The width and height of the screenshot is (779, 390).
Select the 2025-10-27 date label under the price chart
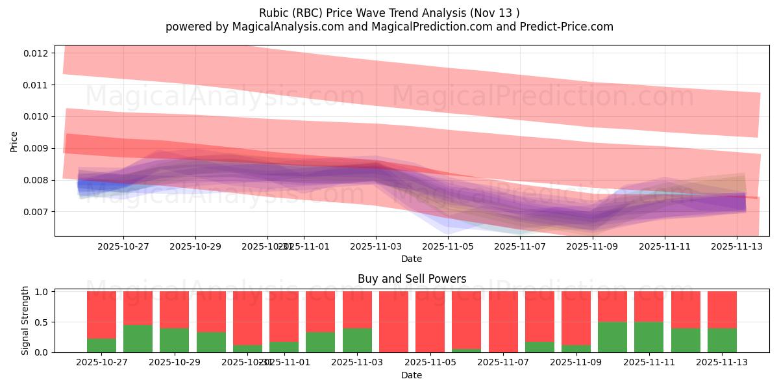[x=123, y=246]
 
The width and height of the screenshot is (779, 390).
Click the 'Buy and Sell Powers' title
[x=412, y=279]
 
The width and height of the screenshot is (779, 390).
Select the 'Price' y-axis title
[x=14, y=141]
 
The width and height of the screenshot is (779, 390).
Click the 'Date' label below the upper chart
[x=412, y=259]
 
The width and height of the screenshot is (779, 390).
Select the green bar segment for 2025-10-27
[x=101, y=345]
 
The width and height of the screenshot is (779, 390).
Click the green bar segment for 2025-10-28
[x=138, y=339]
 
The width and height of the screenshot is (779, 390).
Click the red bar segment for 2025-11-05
[x=430, y=321]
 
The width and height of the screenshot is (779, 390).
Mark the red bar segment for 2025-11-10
[x=612, y=306]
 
